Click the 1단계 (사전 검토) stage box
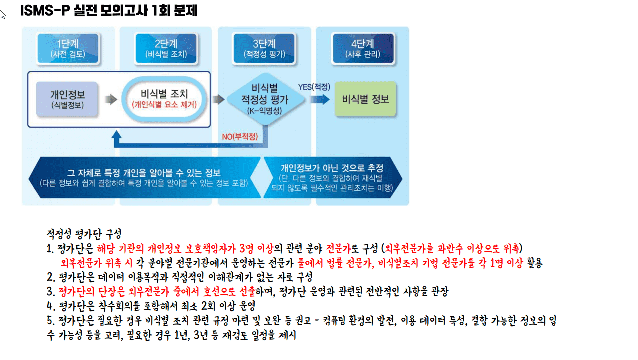[68, 48]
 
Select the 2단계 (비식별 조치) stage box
[166, 48]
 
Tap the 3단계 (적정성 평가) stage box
[264, 48]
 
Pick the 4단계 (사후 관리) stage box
[363, 48]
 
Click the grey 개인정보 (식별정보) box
[67, 99]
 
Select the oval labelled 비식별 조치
[164, 99]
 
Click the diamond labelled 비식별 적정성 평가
[265, 99]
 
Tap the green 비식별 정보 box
[365, 99]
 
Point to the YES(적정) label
[314, 87]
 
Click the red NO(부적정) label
[240, 137]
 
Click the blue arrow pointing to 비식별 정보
[320, 99]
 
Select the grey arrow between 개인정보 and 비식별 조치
[111, 99]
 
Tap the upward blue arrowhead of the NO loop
[116, 135]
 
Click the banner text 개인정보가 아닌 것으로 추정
[332, 168]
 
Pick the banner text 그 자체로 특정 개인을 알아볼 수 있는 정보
[144, 173]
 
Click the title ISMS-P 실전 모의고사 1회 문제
[109, 11]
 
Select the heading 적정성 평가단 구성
[84, 234]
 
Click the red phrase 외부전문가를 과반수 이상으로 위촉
[452, 248]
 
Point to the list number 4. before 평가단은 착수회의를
[51, 306]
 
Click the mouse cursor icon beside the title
[2, 14]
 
